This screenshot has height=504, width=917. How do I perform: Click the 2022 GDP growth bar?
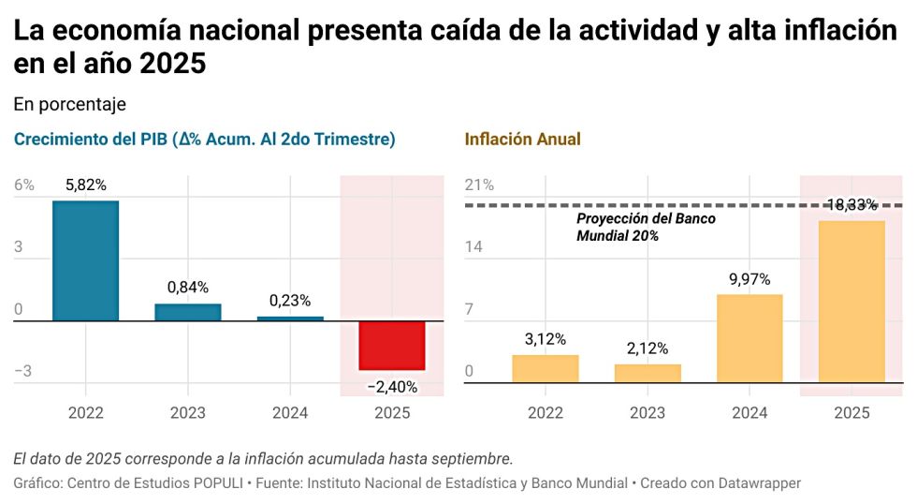tap(85, 261)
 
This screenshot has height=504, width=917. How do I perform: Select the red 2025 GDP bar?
tap(392, 346)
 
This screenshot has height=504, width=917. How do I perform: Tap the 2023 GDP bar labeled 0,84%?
tap(188, 312)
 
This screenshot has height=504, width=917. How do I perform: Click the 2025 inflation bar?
tap(851, 302)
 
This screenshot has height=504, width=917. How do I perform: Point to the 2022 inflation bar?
tap(545, 368)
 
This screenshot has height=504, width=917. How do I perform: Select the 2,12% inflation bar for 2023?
tap(648, 373)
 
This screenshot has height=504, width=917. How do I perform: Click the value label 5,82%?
tap(85, 185)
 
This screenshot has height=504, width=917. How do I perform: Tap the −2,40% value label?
tap(392, 386)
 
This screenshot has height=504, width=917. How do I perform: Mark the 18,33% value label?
tap(851, 205)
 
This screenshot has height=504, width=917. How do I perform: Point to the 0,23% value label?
tap(290, 301)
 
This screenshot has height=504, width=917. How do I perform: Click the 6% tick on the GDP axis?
tap(24, 185)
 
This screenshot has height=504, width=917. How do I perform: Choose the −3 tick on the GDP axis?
tap(23, 371)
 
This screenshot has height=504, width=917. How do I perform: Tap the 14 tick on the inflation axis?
tap(475, 247)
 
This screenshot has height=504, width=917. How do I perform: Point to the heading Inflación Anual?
tap(522, 140)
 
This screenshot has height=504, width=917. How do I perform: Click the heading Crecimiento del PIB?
tap(204, 140)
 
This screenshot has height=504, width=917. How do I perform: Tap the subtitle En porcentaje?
tap(69, 104)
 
